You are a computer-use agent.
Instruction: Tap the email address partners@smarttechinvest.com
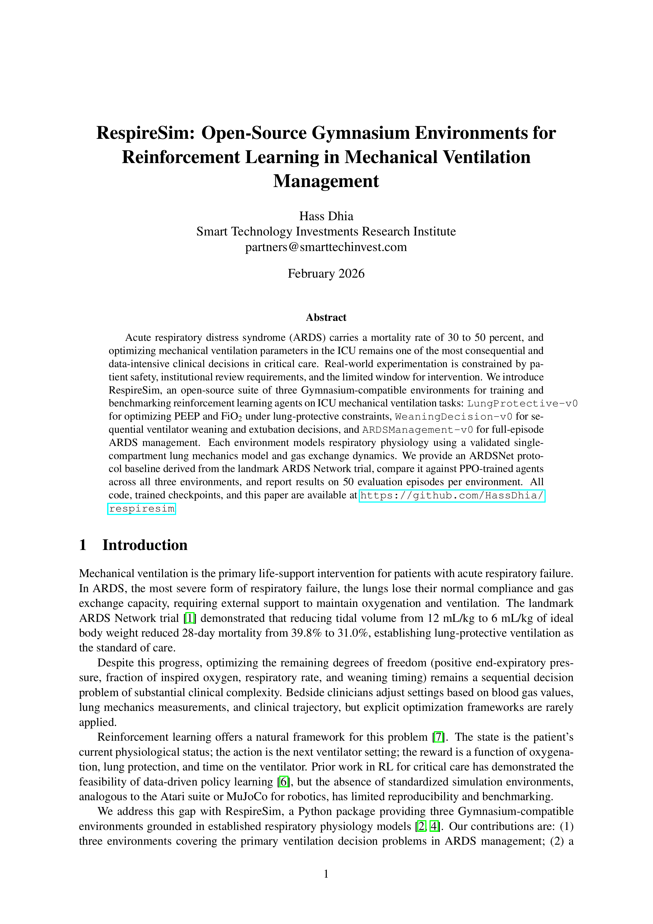coord(326,247)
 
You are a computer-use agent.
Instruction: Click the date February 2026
coord(326,274)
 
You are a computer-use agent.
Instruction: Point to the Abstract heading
coord(326,317)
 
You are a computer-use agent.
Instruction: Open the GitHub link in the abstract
coord(452,495)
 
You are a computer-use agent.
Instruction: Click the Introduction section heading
coord(145,545)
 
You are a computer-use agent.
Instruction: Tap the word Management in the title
coord(326,181)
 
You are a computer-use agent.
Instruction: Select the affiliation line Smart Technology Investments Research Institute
coord(326,232)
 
